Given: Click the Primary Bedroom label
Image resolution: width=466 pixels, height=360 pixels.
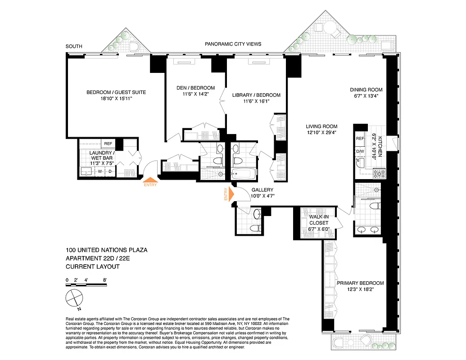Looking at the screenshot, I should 360,283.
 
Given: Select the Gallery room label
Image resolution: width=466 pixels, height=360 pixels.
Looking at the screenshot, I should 263,189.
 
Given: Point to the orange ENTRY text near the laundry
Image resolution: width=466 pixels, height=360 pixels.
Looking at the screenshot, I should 150,184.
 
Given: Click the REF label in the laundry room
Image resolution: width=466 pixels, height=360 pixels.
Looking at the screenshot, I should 108,144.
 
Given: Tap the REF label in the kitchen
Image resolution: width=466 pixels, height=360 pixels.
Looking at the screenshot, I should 360,139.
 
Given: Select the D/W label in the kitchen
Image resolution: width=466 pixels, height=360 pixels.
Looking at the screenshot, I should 360,151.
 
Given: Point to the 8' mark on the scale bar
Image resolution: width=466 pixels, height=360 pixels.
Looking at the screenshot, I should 104,280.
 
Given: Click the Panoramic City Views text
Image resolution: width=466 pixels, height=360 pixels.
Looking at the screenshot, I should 233,44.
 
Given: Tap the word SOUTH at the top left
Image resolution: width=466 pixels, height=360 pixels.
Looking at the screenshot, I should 74,46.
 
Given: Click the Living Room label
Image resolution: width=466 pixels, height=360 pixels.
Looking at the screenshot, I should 321,126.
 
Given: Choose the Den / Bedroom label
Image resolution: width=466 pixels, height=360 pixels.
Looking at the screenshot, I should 195,88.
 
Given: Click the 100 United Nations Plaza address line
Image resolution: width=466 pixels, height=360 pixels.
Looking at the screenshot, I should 106,250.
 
